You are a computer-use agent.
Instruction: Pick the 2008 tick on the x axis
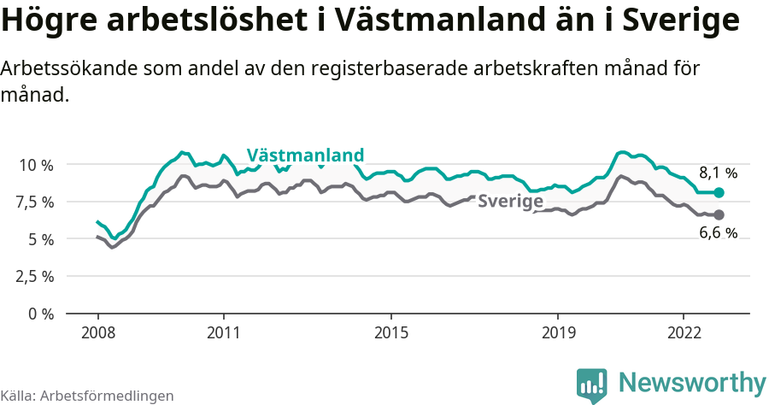click(x=97, y=332)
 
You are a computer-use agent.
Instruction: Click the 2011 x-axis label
click(x=223, y=332)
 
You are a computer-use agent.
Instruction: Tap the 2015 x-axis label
click(x=390, y=332)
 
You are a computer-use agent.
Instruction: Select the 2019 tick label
click(x=558, y=332)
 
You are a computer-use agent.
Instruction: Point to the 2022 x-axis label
click(x=684, y=332)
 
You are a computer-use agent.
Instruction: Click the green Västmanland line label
click(x=305, y=155)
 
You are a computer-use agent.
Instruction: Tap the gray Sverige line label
click(x=510, y=202)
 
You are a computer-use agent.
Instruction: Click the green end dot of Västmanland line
click(x=719, y=193)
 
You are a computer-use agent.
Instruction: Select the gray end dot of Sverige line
click(x=719, y=214)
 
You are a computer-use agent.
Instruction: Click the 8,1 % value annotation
click(x=718, y=173)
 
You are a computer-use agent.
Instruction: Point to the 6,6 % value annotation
click(x=718, y=233)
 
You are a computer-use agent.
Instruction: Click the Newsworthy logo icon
click(x=592, y=384)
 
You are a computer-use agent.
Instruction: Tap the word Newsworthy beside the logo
click(x=692, y=382)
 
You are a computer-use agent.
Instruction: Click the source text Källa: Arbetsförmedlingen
click(x=87, y=396)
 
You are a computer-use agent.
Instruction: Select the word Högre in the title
click(x=49, y=21)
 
